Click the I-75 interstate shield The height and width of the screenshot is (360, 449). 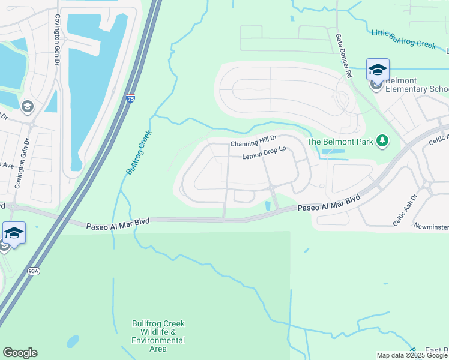[131, 98]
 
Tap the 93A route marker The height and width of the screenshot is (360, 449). [34, 271]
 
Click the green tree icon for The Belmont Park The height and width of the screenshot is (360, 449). [381, 141]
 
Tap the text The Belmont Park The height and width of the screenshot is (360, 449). [339, 142]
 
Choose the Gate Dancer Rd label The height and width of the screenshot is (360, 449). [343, 56]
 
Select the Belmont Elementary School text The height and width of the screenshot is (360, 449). [417, 85]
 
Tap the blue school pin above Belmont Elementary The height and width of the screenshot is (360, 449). [378, 70]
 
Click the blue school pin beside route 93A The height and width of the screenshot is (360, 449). [14, 233]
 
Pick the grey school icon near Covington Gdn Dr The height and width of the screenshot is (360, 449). [27, 107]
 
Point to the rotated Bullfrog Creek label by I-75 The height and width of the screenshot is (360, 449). [139, 153]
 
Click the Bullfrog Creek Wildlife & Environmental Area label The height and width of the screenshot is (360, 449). [158, 336]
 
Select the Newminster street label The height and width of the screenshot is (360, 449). [431, 226]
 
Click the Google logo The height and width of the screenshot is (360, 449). [20, 353]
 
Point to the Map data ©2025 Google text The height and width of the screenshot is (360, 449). [411, 355]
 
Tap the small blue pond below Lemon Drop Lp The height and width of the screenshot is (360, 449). [268, 206]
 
